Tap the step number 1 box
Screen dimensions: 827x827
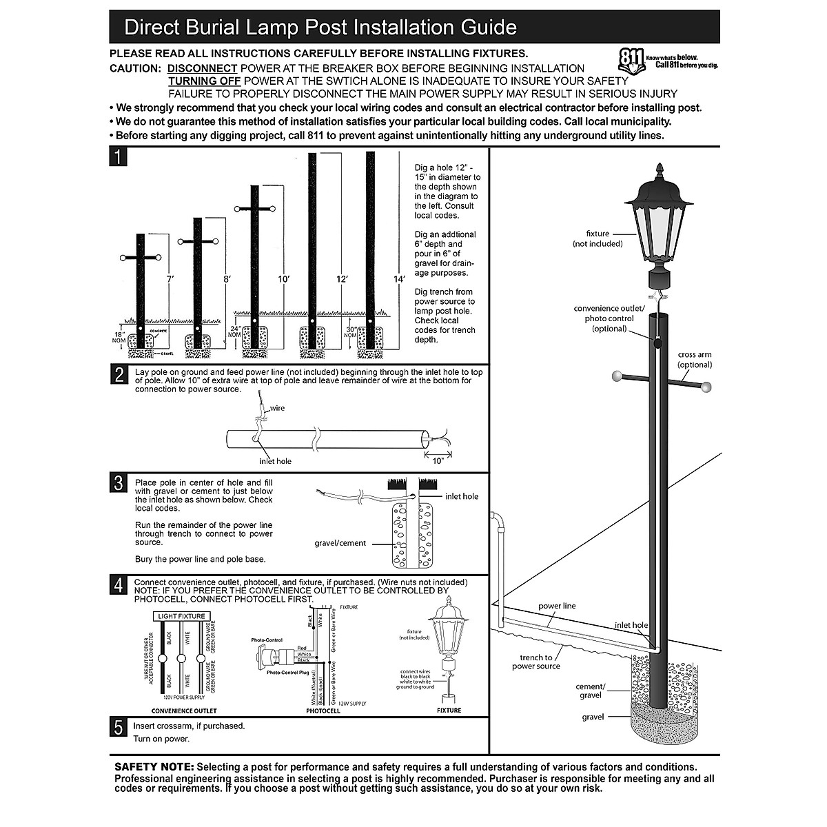(118, 157)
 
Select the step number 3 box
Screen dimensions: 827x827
(118, 483)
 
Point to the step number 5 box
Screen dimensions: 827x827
(118, 728)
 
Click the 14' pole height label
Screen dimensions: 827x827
(399, 279)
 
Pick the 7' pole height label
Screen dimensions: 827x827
(170, 279)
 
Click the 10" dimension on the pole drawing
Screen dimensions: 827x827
(438, 461)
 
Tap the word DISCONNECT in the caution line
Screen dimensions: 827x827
(203, 68)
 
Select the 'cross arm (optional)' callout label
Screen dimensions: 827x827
(694, 360)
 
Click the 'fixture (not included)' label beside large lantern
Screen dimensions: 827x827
(598, 238)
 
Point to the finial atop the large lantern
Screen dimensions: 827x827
(660, 170)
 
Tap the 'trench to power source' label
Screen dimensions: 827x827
(535, 662)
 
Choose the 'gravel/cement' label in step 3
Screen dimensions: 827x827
(340, 543)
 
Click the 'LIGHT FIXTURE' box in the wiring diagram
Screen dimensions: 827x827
(182, 615)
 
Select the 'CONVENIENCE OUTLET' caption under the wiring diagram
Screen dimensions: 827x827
(183, 711)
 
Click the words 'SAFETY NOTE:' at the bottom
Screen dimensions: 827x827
(154, 766)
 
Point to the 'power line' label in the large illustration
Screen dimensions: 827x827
(557, 606)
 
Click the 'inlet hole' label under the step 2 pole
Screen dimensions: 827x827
(275, 461)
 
